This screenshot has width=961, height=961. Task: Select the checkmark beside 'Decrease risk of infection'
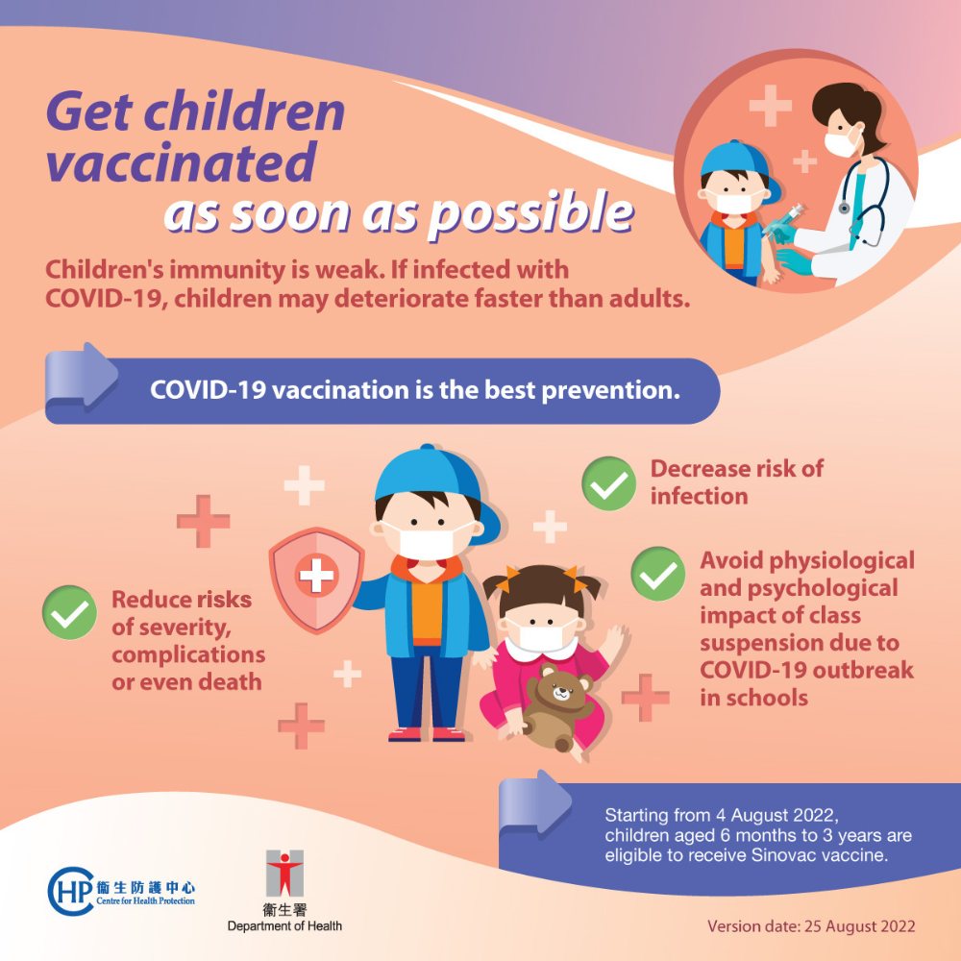pyautogui.click(x=608, y=483)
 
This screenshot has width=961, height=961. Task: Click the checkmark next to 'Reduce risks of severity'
pyautogui.click(x=69, y=612)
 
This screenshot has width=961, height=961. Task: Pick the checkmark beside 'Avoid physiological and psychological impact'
pyautogui.click(x=658, y=574)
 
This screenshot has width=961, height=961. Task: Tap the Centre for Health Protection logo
pyautogui.click(x=121, y=891)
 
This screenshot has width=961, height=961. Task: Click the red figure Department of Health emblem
pyautogui.click(x=284, y=874)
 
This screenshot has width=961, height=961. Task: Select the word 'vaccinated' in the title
pyautogui.click(x=182, y=162)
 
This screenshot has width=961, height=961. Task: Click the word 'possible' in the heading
pyautogui.click(x=530, y=213)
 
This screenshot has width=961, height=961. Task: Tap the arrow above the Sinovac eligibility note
pyautogui.click(x=535, y=803)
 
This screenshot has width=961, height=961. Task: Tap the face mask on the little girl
pyautogui.click(x=540, y=635)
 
